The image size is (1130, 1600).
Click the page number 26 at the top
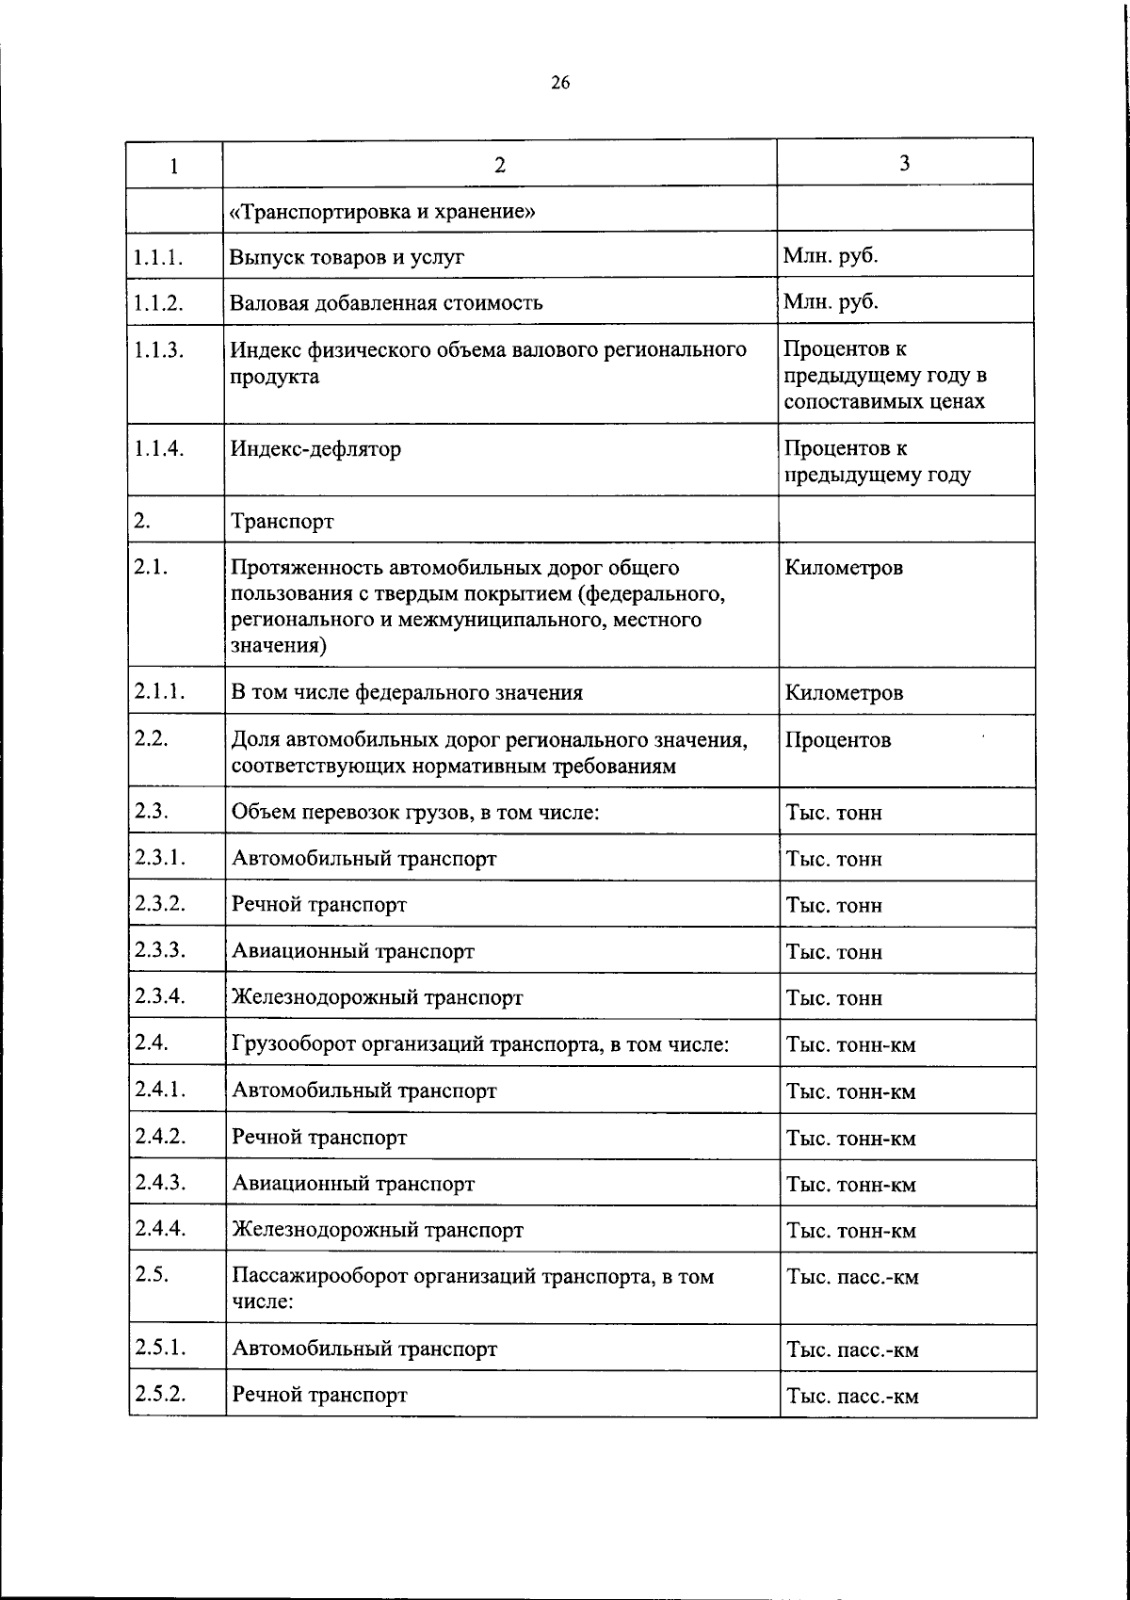point(559,83)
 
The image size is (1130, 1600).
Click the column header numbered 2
point(500,165)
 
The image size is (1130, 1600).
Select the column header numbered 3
point(904,164)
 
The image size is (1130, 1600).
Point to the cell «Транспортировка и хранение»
point(383,211)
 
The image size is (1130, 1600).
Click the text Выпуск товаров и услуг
point(347,257)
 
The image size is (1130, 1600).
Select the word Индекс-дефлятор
point(316,448)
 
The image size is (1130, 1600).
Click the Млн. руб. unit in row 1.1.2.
point(831,301)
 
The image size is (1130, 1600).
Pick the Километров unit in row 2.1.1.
point(844,693)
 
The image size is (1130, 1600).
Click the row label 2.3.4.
point(158,995)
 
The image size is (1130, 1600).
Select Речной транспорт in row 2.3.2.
point(319,905)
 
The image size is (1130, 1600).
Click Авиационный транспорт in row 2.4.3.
point(353,1184)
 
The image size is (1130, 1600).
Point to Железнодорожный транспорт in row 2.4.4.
point(378,1230)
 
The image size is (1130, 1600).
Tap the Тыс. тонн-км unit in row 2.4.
point(851,1045)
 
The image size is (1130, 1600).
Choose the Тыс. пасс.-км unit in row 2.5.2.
point(853,1397)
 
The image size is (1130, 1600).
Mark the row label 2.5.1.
point(159,1347)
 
